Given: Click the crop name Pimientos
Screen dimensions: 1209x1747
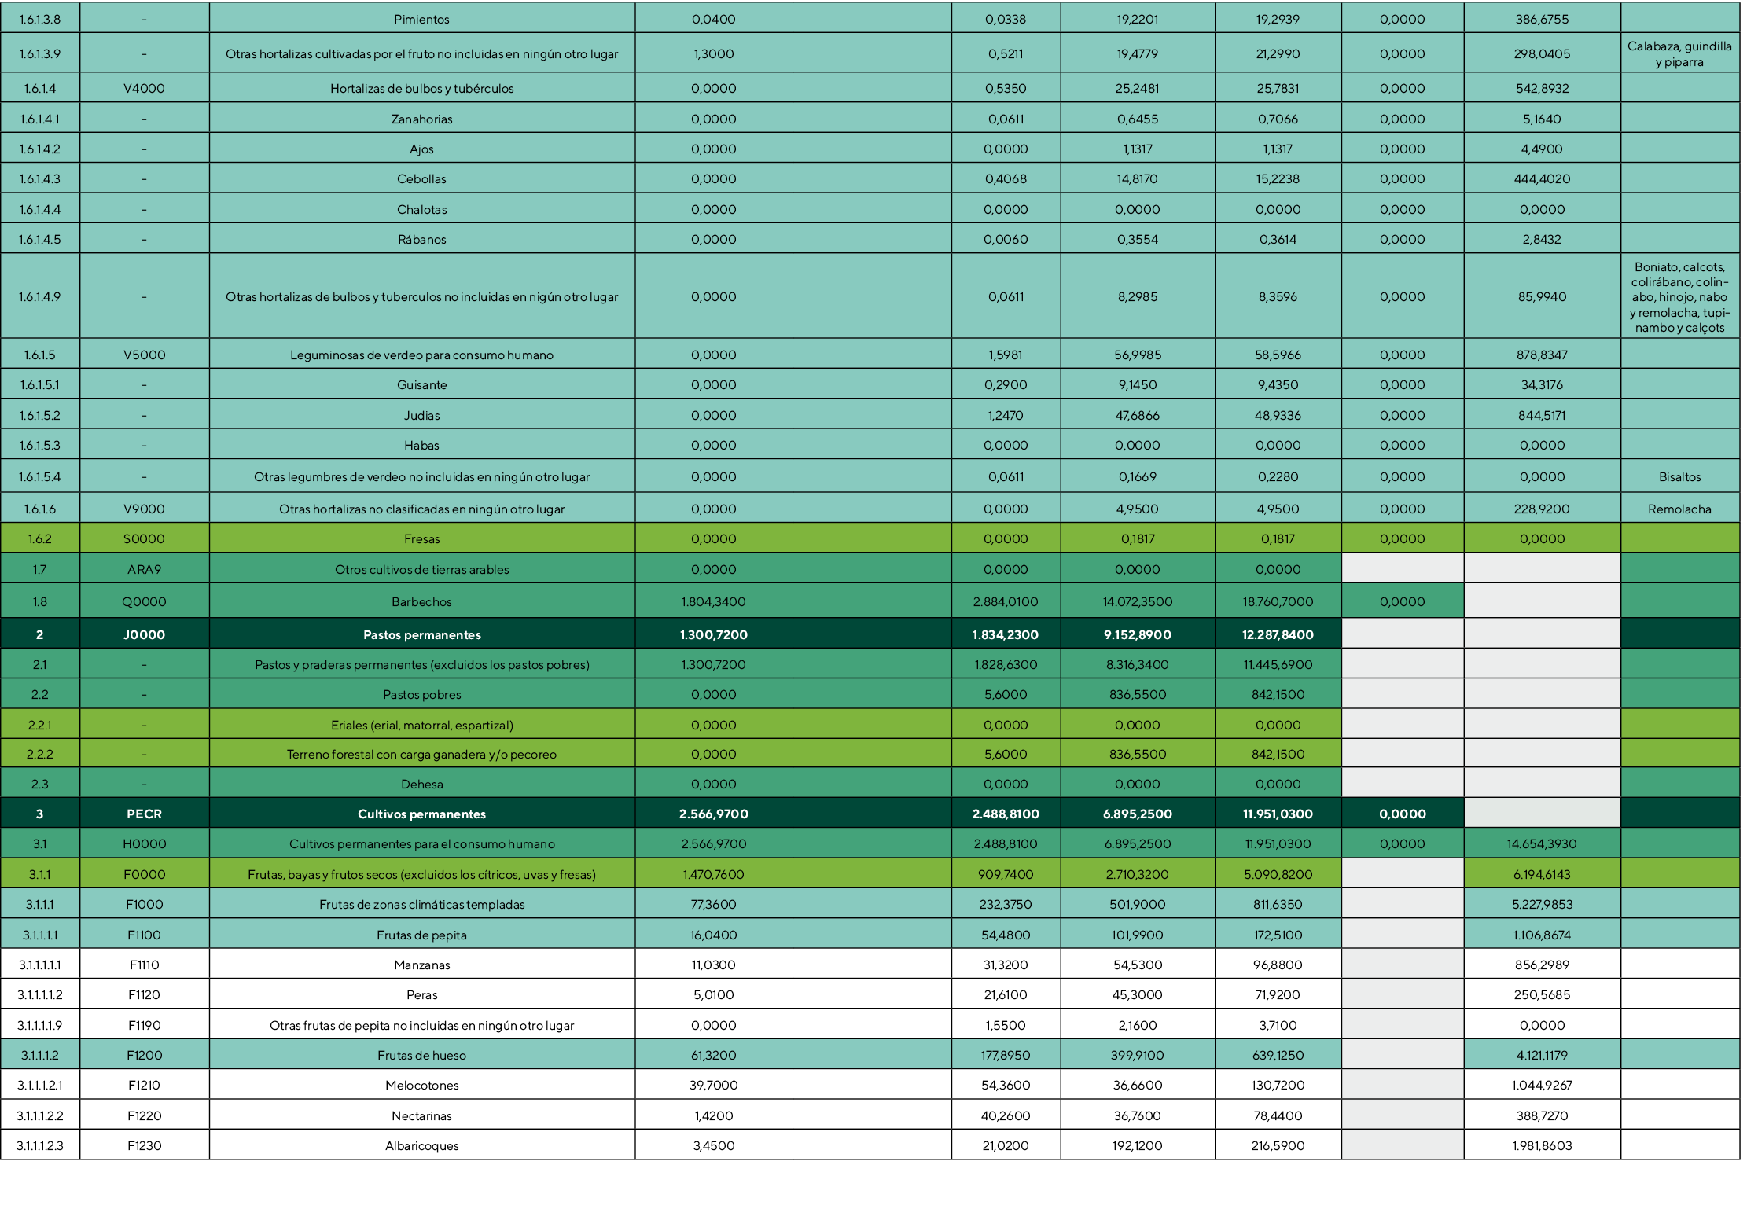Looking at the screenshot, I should [421, 19].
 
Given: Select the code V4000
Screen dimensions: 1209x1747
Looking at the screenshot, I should [144, 88].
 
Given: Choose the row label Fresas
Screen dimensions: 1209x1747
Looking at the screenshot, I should [421, 538].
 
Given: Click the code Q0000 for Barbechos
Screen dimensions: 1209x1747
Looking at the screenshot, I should [144, 601].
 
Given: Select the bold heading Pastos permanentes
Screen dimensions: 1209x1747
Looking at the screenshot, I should [421, 634].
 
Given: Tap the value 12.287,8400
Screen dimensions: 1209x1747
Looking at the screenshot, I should [1277, 634].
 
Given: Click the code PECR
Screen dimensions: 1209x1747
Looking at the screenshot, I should [144, 814].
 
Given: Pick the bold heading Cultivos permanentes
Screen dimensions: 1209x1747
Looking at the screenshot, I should [421, 814].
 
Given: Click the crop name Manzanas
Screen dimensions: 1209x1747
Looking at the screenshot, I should [421, 965].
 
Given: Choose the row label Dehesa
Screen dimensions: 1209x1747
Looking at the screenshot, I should [421, 784].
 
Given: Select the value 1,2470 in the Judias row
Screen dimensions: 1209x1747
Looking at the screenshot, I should [1005, 415].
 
